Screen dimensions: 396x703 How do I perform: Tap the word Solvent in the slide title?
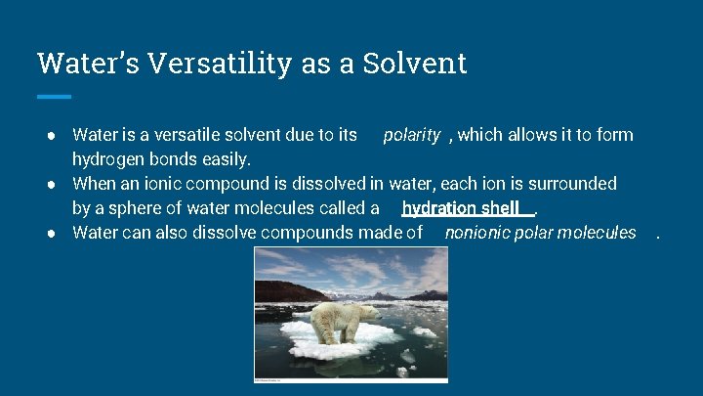click(415, 64)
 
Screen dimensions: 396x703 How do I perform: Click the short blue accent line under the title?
click(54, 96)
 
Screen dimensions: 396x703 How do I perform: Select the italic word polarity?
click(411, 135)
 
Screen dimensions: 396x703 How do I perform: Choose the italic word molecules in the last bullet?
click(596, 233)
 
